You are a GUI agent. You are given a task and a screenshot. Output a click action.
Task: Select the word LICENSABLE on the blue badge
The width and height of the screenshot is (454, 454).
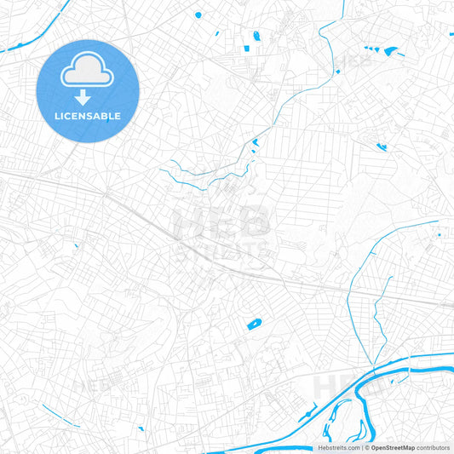pos(88,116)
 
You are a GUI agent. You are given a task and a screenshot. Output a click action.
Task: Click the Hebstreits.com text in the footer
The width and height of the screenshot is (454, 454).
pos(338,447)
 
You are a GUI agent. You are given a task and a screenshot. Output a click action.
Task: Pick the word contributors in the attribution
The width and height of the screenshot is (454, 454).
pos(434,447)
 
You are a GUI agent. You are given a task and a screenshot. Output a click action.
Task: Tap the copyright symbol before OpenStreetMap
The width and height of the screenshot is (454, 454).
pos(365,447)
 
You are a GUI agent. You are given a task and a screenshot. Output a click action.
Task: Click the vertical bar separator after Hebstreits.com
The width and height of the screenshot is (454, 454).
pos(360,447)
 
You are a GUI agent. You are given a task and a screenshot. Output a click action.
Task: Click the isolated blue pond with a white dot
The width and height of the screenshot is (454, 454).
pos(254,324)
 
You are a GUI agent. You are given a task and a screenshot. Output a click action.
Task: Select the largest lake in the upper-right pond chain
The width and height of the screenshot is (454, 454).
pos(391,51)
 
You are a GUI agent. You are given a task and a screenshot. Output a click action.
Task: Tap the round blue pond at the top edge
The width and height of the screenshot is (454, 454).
pos(198,14)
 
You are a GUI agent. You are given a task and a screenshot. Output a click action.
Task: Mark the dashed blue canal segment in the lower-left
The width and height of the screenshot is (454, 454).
pos(60,415)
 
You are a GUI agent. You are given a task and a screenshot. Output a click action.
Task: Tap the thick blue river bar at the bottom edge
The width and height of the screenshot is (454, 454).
pos(256,445)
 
